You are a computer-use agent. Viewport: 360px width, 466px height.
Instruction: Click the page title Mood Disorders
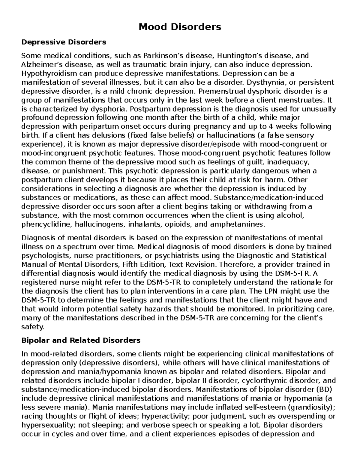[x=180, y=27]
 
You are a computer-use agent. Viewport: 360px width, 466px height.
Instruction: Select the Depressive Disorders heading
[x=64, y=42]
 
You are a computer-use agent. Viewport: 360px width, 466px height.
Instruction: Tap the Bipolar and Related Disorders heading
[x=81, y=340]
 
